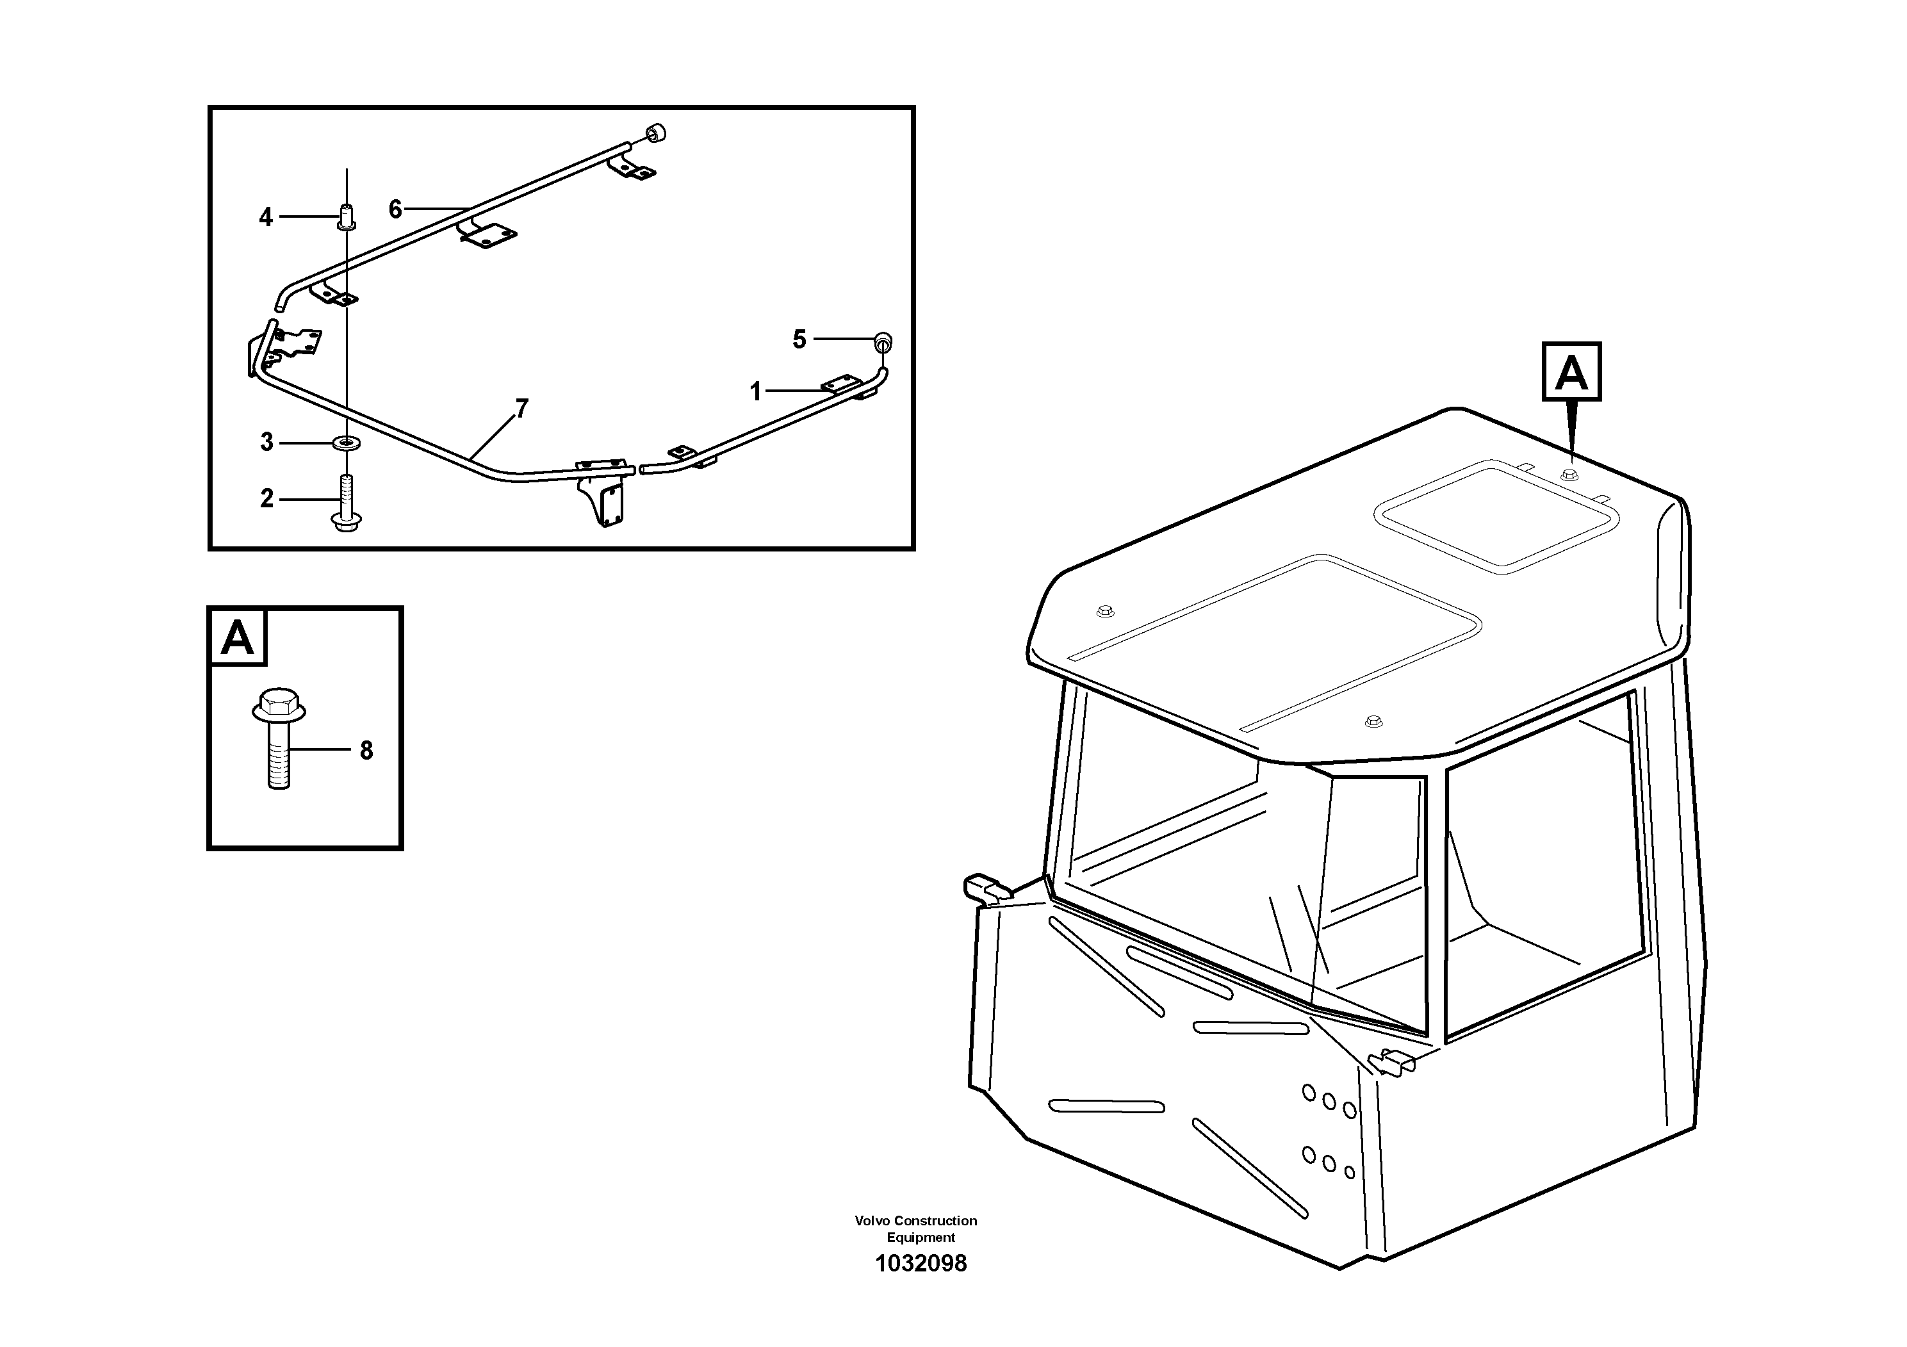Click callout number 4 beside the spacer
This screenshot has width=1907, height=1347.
point(266,218)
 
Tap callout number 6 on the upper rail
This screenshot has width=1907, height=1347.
point(395,209)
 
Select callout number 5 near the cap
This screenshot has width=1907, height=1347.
point(799,339)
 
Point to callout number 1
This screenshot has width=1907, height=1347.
point(756,391)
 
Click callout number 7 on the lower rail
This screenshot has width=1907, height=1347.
point(521,409)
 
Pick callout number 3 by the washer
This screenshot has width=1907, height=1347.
point(266,442)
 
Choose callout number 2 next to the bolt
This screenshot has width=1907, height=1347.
point(266,498)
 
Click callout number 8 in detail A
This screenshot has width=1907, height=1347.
point(366,751)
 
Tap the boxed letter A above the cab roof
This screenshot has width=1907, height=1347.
point(1571,371)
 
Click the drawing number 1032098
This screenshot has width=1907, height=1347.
point(921,1264)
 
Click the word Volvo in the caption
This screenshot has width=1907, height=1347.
point(872,1221)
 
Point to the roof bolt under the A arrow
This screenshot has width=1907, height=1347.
point(1569,475)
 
